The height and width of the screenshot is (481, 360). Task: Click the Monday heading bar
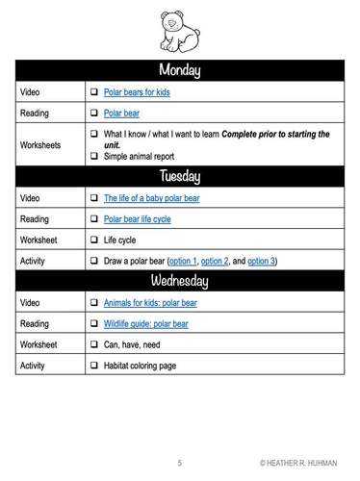[179, 70]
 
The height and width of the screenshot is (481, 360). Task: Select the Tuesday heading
[179, 176]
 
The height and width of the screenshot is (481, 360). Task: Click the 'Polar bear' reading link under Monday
[121, 114]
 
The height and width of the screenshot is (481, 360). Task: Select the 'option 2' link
[217, 261]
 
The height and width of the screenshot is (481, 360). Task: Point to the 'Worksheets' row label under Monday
[40, 144]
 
